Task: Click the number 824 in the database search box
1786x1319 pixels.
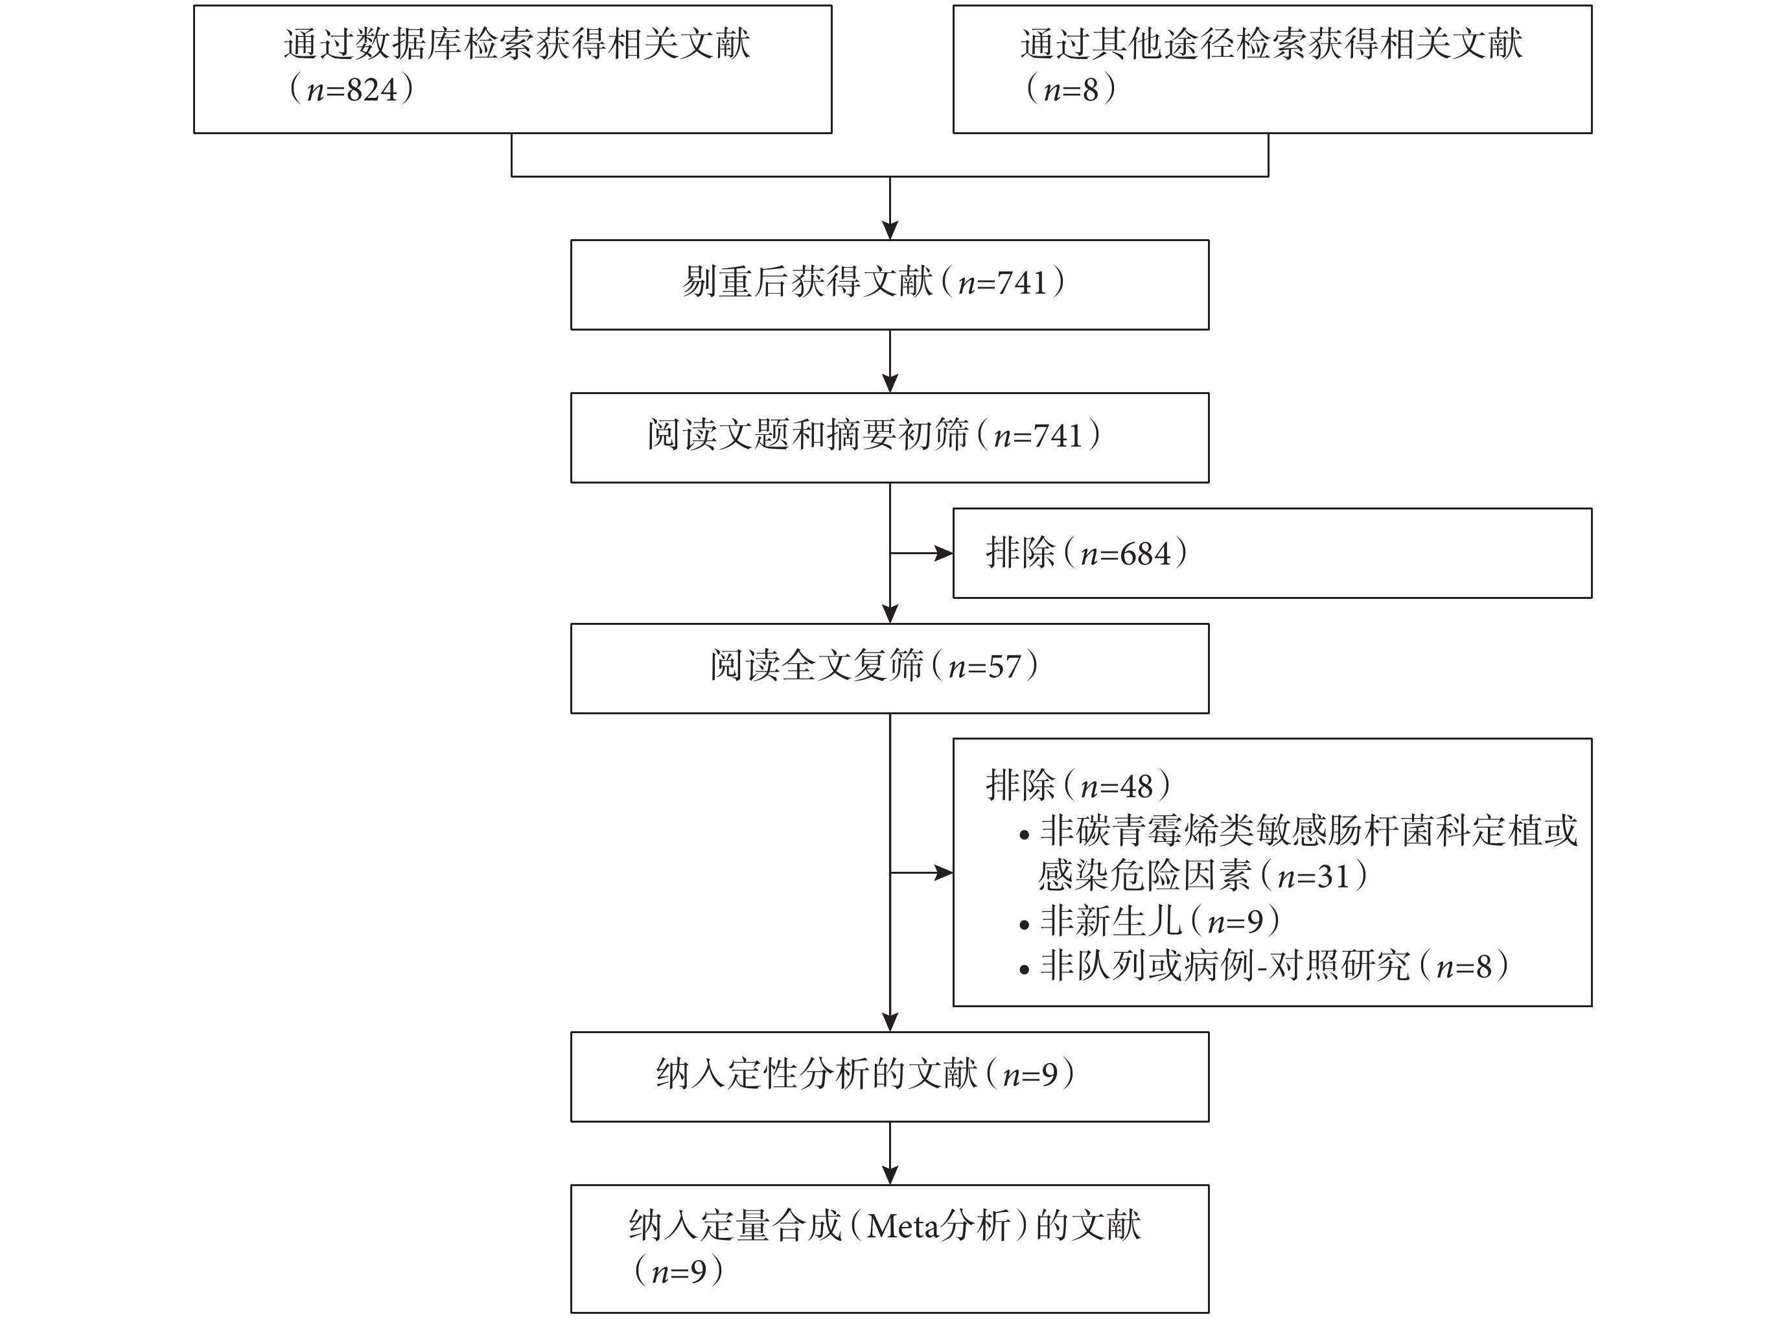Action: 372,89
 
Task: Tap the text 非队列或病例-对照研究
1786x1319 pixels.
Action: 1225,966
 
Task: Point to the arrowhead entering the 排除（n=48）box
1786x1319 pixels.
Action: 944,872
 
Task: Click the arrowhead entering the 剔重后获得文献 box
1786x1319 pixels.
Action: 890,231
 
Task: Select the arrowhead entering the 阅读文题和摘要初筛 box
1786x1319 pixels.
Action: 890,383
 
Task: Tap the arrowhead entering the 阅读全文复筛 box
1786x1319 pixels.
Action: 890,614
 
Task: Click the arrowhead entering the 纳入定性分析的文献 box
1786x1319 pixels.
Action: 890,1023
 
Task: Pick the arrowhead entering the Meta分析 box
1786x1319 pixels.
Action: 890,1175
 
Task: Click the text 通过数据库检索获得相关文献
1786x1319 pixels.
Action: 516,45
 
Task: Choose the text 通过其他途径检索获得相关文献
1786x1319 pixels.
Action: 1271,45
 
